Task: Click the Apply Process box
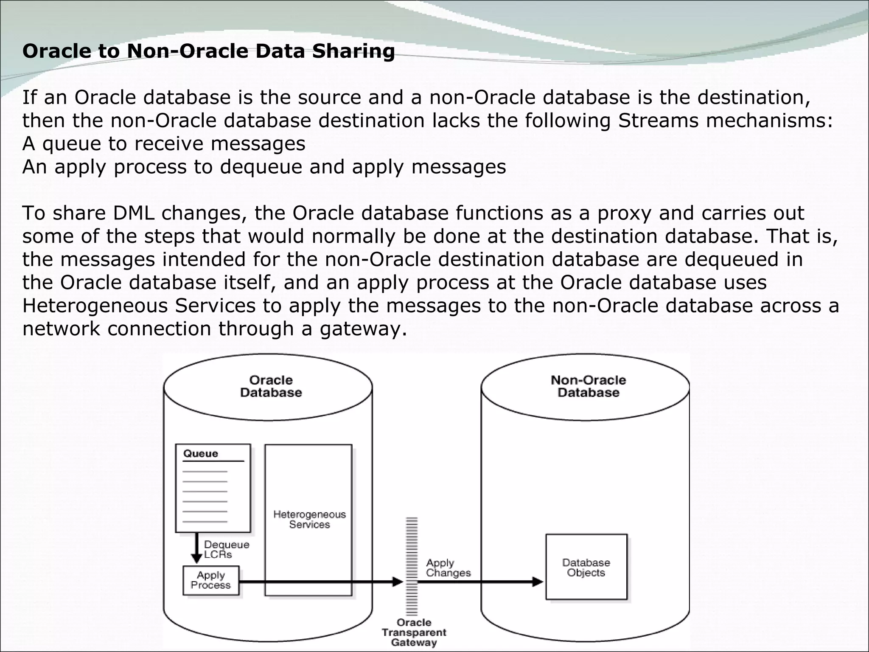point(211,580)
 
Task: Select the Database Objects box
point(586,567)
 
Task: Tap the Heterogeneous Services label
point(309,520)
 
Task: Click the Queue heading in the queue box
point(201,454)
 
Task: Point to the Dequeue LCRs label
point(226,549)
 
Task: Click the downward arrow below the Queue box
point(196,548)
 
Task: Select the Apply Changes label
point(448,568)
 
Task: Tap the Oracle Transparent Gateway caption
point(414,632)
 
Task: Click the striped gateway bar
point(412,566)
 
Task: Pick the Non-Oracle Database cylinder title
point(588,386)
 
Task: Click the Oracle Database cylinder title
point(271,386)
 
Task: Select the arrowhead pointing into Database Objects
point(538,582)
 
